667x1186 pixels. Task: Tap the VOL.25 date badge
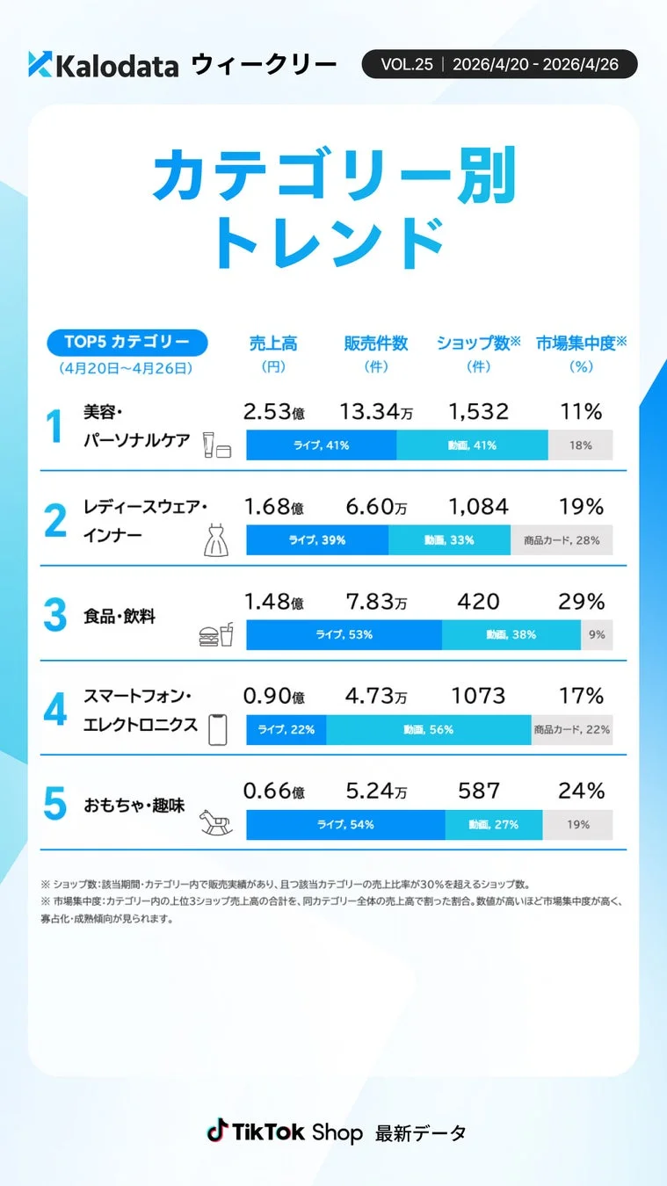click(x=499, y=64)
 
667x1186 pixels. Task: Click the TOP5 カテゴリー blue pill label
click(x=127, y=342)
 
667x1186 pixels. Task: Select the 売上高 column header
click(x=273, y=344)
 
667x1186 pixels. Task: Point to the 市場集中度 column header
click(x=581, y=344)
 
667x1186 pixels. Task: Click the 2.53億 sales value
click(x=273, y=412)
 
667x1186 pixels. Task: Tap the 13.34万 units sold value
click(x=374, y=412)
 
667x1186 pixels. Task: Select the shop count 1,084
click(x=478, y=507)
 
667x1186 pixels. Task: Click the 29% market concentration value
click(x=581, y=602)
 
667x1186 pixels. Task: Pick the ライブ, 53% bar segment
click(x=344, y=634)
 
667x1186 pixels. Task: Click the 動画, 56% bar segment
click(x=428, y=729)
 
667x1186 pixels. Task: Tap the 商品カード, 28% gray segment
click(x=562, y=539)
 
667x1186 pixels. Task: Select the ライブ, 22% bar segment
click(x=286, y=729)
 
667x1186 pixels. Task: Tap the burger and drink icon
click(x=216, y=634)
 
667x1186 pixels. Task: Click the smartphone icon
click(x=217, y=729)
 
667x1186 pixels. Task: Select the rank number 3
click(x=54, y=616)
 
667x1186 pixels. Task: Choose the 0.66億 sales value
click(x=273, y=792)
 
